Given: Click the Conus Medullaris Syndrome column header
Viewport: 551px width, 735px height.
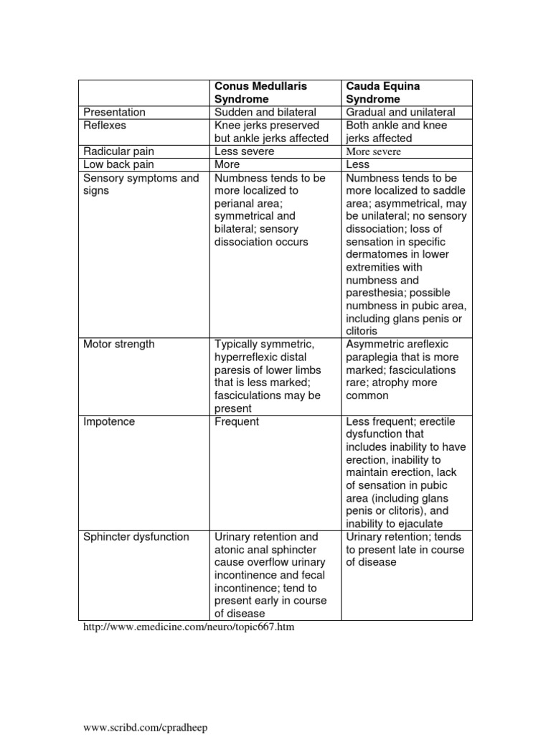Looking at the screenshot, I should [260, 93].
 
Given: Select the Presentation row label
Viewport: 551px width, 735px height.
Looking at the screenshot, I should [114, 112].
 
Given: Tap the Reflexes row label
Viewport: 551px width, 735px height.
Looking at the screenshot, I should [105, 125].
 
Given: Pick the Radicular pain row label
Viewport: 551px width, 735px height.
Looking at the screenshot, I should [119, 151].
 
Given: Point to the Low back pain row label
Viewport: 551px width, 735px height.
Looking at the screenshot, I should [119, 164].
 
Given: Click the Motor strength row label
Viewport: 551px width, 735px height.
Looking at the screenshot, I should [119, 345].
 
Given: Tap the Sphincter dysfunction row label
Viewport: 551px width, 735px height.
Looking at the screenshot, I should [136, 537].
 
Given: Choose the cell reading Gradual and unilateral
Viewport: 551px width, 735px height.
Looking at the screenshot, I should [400, 112].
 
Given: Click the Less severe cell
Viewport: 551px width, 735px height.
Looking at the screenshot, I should [244, 151].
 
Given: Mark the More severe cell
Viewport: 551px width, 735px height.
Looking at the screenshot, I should [374, 151].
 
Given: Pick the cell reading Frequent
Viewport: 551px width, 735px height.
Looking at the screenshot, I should [237, 422].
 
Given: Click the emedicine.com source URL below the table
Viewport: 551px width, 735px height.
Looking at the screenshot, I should [189, 627].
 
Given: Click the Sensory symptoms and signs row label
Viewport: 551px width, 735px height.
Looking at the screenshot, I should [141, 184].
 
